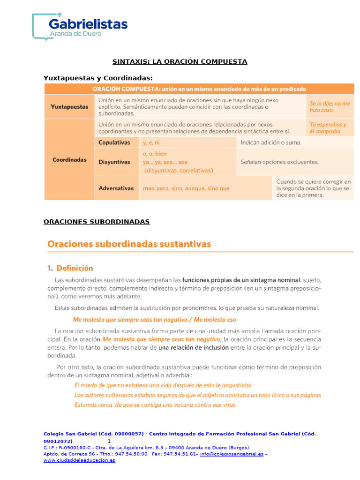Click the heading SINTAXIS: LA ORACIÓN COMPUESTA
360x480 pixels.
pos(180,61)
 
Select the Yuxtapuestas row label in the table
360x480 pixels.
pos(69,107)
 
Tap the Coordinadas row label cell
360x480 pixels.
pos(69,159)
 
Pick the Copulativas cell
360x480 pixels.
pos(114,142)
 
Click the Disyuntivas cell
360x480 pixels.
pos(114,162)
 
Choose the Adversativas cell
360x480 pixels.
pos(116,188)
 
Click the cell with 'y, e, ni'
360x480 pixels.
pos(151,142)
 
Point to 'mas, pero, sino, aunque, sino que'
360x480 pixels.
pos(186,188)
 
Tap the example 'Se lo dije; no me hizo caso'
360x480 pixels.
pos(329,107)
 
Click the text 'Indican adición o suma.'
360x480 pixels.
pos(270,142)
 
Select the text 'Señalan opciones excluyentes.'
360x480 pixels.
pos(279,162)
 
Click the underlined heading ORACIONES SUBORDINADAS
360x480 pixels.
pos(97,222)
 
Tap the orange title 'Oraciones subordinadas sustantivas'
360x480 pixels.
pos(129,244)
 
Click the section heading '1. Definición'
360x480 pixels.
pos(70,268)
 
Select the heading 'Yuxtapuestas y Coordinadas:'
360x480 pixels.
pos(98,78)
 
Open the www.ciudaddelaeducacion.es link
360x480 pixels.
pos(79,460)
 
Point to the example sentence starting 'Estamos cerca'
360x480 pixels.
pos(155,405)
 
